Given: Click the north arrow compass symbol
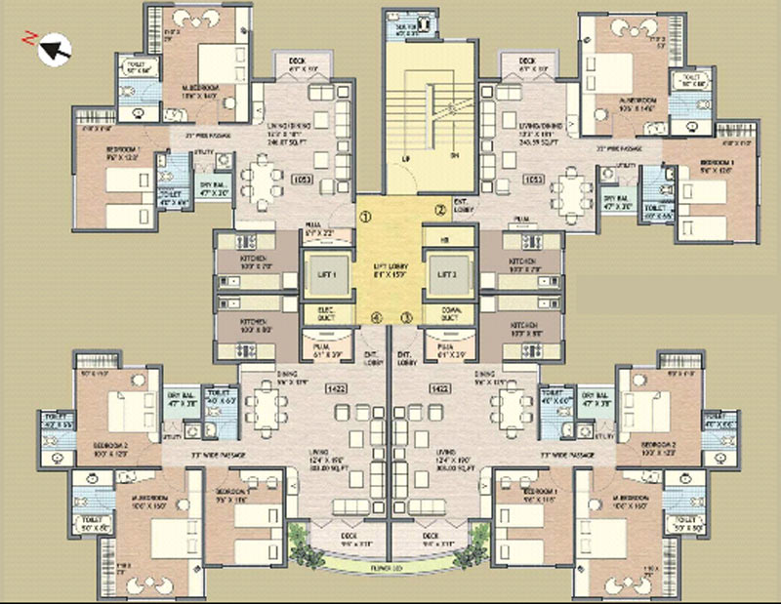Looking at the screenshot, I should coord(50,44).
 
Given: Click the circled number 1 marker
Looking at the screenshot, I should coord(363,217).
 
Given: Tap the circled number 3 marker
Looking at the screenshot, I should coord(407,317).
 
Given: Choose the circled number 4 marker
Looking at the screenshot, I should coord(376,317).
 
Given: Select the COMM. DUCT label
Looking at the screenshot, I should coord(449,313).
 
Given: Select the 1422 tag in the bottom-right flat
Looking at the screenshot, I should coord(438,387).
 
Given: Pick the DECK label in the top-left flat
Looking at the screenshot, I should coord(297,62).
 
